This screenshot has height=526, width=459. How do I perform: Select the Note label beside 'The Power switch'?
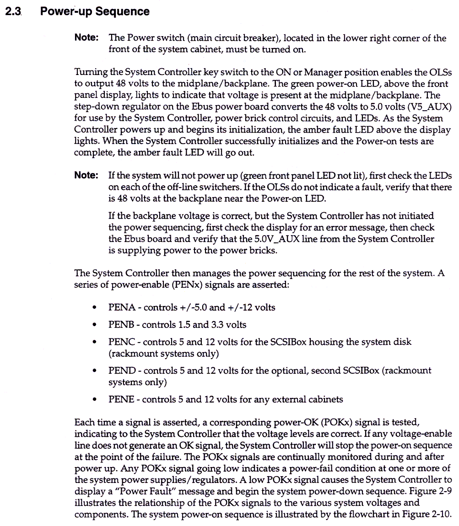point(86,38)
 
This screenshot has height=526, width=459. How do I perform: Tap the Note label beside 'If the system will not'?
point(86,176)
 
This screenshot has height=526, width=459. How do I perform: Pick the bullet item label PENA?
point(122,307)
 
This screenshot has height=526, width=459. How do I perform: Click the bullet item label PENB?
point(121,325)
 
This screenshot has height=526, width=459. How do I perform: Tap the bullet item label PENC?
point(122,342)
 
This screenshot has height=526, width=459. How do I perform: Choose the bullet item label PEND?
point(122,370)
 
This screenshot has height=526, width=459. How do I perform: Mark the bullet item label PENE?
point(121,399)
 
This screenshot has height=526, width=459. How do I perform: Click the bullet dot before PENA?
point(94,308)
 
